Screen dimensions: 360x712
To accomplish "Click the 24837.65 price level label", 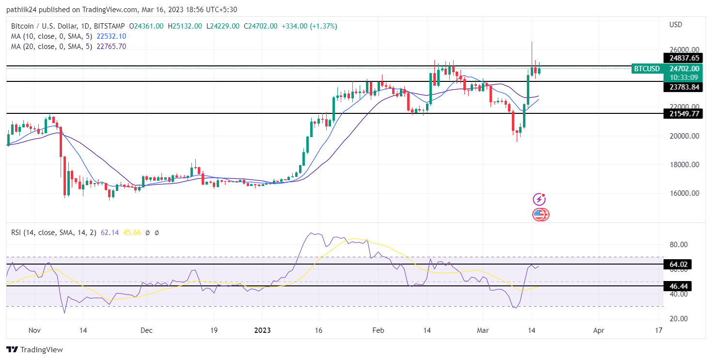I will click(x=684, y=58).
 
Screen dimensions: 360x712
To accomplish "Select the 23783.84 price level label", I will click(x=684, y=87).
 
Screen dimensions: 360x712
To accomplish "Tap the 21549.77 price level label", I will click(x=684, y=114).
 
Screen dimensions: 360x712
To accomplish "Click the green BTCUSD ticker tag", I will click(x=647, y=69).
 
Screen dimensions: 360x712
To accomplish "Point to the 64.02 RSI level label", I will click(x=679, y=265).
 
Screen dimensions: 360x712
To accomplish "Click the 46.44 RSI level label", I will click(x=679, y=286).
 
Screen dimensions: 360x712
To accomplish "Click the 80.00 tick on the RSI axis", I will click(x=679, y=245).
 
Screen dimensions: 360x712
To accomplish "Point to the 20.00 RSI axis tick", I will click(x=679, y=319).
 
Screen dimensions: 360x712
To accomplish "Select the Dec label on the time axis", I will click(x=146, y=330).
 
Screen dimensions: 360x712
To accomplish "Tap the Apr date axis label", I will click(x=599, y=330).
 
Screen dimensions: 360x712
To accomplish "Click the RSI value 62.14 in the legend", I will click(x=110, y=233).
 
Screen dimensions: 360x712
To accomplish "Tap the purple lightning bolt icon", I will click(x=539, y=199).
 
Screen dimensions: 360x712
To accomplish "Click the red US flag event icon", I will click(x=540, y=214).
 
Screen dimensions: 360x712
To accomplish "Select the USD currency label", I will click(x=676, y=25).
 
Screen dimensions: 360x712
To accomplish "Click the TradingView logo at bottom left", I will click(x=35, y=349).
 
